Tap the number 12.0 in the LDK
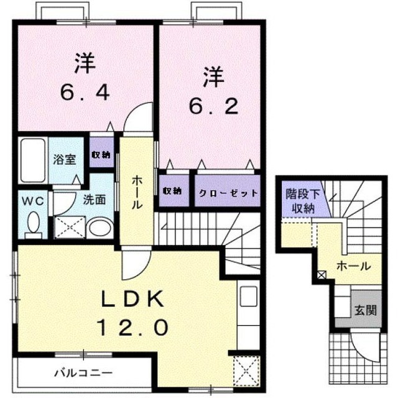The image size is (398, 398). (x=132, y=326)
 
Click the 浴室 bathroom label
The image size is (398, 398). (x=64, y=159)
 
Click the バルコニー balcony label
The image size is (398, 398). (x=77, y=374)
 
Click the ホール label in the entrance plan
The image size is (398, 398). (x=353, y=266)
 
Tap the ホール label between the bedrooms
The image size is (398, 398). (x=138, y=191)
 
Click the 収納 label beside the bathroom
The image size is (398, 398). (x=100, y=155)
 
